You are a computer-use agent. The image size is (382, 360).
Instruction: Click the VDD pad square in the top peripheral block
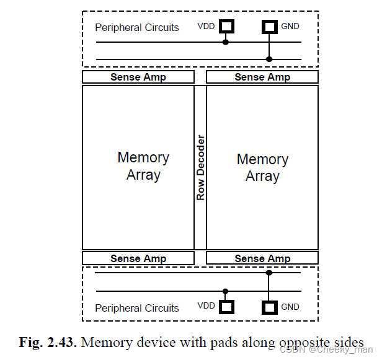(225, 27)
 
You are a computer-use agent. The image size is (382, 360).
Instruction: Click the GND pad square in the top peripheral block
(269, 27)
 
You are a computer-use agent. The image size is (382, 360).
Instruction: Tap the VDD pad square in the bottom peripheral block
(225, 307)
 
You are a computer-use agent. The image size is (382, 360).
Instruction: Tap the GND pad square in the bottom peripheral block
(269, 307)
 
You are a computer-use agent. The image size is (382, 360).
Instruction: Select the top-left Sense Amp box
(138, 77)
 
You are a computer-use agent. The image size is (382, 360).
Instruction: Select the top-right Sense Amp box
(262, 77)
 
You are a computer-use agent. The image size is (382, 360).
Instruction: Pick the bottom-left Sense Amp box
(138, 258)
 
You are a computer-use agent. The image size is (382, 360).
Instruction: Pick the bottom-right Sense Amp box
(262, 258)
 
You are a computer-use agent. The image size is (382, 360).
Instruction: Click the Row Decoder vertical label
(200, 167)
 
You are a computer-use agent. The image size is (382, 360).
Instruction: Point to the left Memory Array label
(143, 166)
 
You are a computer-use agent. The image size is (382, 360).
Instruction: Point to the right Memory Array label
(262, 167)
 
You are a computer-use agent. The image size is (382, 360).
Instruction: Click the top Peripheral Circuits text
(136, 28)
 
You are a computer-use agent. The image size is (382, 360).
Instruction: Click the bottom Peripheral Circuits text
(136, 308)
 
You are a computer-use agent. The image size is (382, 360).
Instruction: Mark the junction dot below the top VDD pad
(225, 42)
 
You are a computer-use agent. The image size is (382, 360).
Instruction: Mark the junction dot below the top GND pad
(269, 59)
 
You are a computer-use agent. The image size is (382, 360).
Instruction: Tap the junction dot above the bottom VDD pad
(225, 291)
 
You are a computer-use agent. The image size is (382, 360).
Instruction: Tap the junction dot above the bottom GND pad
(269, 272)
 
